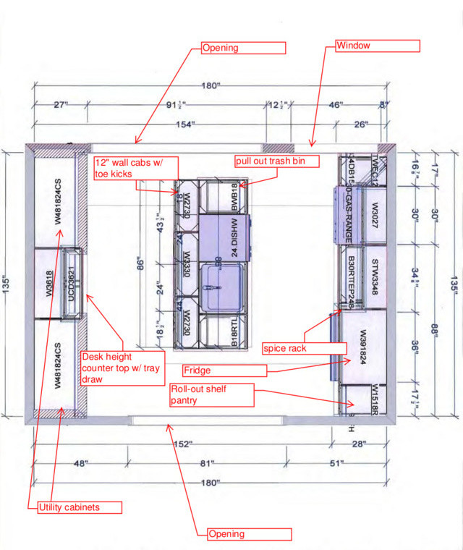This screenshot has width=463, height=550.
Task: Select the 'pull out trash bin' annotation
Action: [276, 161]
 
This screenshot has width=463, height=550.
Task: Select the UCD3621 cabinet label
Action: [72, 284]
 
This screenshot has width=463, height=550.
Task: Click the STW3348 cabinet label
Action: [375, 275]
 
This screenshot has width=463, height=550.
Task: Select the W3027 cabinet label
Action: [375, 216]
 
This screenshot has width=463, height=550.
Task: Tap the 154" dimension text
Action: [184, 124]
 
